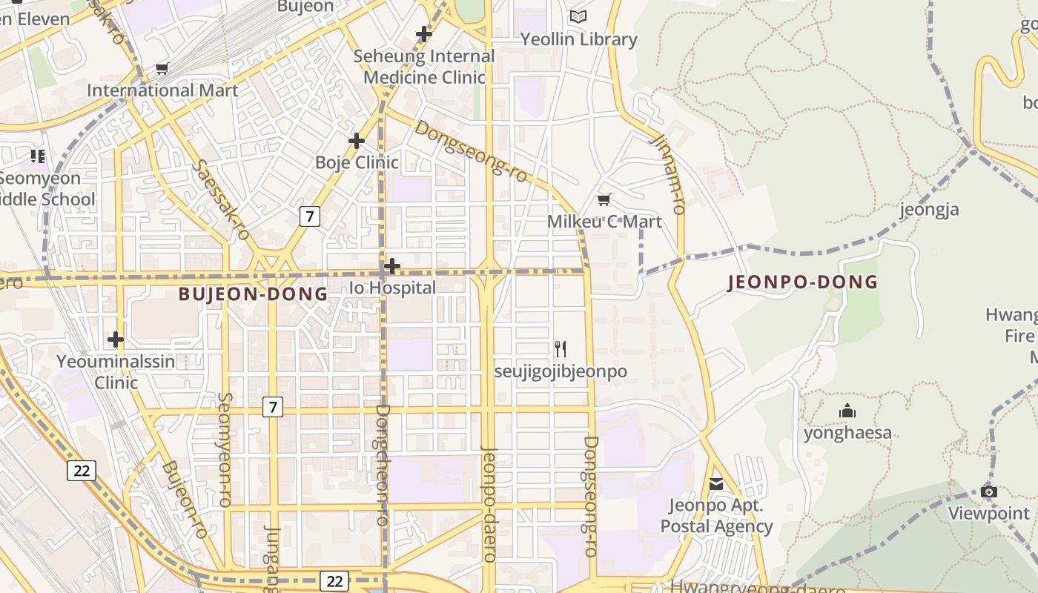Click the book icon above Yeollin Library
pos(578,16)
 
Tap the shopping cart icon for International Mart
pos(162,69)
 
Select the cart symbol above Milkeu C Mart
pos(604,199)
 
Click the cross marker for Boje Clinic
pos(357,140)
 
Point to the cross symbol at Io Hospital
pos(392,265)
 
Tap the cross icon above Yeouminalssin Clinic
pos(115,339)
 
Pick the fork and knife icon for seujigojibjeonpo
pos(561,348)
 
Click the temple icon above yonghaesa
pos(847,411)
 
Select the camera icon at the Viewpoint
pos(988,491)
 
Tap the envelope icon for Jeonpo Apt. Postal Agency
pos(716,484)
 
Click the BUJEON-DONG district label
pos(253,294)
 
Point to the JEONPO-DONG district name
pos(803,282)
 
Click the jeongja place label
pos(929,209)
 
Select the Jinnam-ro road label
pos(667,174)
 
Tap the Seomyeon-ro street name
pos(225,449)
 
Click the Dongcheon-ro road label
pos(383,465)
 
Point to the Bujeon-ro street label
pos(185,500)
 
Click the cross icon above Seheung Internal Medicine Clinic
pos(424,33)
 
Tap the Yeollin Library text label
pos(578,39)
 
